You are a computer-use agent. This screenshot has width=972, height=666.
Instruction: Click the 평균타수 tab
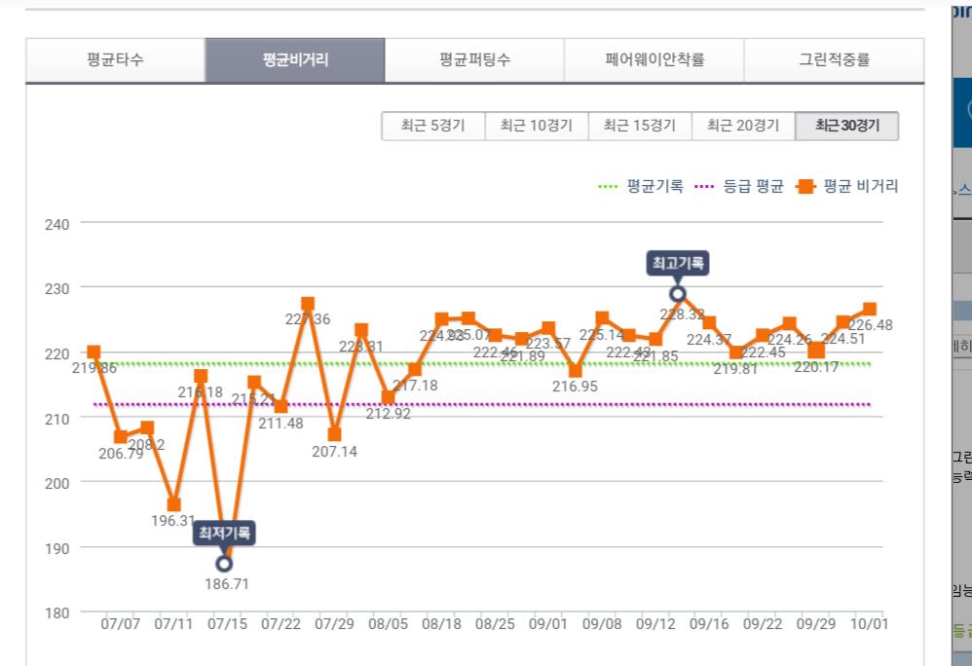[115, 60]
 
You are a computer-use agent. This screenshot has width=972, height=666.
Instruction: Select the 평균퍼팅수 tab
[474, 60]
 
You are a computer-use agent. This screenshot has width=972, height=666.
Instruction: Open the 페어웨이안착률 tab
[654, 60]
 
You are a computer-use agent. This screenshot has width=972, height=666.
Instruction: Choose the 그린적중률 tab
[834, 60]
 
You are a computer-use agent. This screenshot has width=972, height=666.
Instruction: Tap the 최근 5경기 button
[433, 126]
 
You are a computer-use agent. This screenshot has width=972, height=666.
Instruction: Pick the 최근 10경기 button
[536, 126]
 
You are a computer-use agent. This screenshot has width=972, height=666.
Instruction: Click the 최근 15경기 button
[639, 126]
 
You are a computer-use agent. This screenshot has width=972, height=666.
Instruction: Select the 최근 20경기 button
[742, 126]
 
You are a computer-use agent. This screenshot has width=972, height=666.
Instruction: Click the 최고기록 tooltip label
[678, 263]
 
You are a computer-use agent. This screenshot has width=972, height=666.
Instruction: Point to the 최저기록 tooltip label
[224, 533]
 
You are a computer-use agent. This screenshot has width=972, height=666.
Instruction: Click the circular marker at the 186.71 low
[224, 563]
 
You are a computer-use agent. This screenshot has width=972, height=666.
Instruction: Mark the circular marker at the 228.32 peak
[678, 293]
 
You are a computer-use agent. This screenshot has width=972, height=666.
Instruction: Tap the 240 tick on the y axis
[57, 224]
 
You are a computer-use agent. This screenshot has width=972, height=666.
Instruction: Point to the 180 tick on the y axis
[57, 612]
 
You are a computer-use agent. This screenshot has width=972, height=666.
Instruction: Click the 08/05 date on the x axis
[390, 623]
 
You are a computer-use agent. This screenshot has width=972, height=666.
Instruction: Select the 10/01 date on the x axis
[868, 623]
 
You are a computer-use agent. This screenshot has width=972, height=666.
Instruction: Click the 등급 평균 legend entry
[740, 186]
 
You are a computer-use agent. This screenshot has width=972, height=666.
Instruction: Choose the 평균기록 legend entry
[642, 186]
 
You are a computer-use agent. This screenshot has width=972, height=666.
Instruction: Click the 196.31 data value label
[173, 521]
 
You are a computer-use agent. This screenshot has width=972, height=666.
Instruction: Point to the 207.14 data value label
[334, 453]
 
